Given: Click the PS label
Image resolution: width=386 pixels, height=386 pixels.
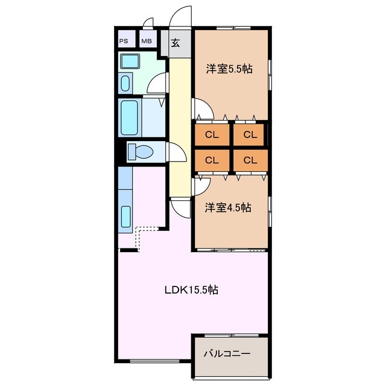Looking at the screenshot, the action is pos(124,41).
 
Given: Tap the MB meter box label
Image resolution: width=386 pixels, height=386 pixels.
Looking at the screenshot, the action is pos(147,41).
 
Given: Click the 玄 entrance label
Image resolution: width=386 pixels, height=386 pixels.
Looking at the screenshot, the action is pos(176,43).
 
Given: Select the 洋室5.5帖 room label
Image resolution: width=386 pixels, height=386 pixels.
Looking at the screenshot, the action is pos(229,69).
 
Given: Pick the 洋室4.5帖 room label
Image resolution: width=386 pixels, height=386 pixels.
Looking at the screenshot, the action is pos(228,207).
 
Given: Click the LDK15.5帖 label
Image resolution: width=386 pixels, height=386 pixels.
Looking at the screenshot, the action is pos(191,289).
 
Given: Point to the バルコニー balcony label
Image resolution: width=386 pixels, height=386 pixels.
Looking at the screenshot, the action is pos(227,354).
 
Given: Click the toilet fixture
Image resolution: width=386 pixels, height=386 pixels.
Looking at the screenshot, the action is pos(141,151).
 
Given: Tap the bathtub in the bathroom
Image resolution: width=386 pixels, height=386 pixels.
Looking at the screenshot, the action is pos(129,118).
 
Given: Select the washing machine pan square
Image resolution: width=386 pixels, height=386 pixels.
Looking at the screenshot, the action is pos(130,61).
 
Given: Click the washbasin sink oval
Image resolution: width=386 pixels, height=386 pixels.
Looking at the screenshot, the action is pos(125,83).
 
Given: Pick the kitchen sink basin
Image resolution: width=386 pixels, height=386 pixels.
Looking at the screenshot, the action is pos(126,217).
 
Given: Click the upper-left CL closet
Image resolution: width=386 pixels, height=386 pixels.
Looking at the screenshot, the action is pos(212,134).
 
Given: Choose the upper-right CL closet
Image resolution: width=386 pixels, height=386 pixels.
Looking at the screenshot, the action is pos(250,134).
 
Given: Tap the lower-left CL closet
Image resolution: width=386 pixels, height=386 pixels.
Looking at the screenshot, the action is pos(212,160).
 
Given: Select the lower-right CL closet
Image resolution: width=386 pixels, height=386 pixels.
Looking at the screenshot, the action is pos(250,160).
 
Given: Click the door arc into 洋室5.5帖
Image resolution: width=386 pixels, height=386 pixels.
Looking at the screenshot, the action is pos(208,104).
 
